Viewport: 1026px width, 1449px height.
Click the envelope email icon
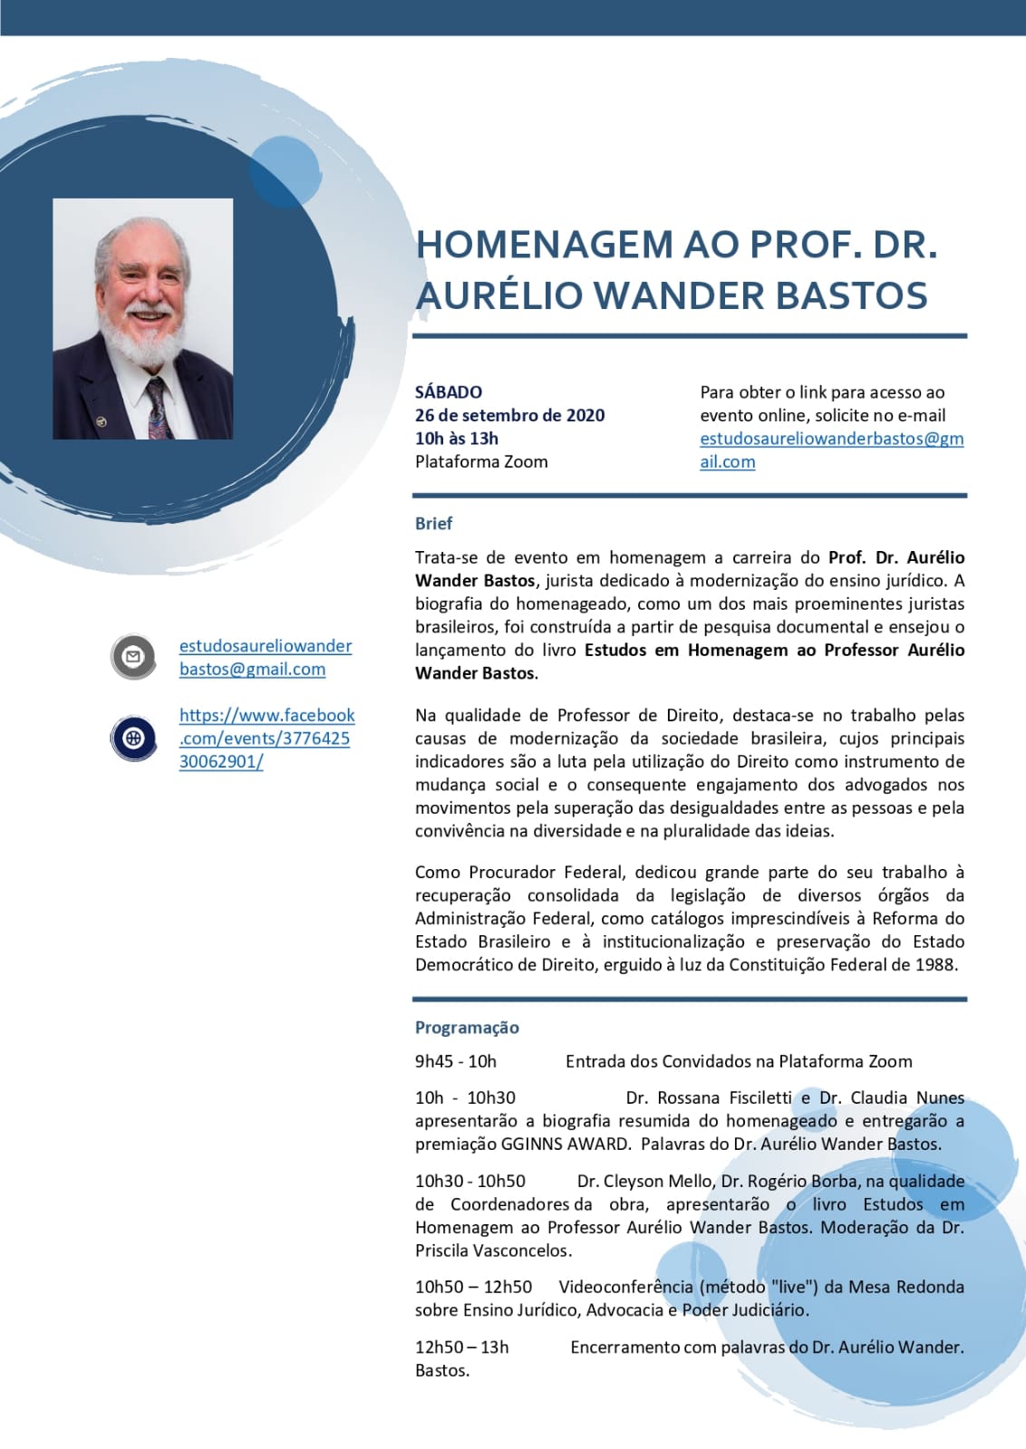tap(133, 656)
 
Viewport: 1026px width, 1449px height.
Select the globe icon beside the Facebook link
tap(133, 738)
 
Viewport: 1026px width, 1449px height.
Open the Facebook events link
tap(266, 738)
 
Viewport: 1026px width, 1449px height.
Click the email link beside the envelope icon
tap(265, 657)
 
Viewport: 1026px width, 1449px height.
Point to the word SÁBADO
tap(449, 392)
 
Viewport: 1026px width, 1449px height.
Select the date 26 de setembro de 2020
tap(509, 415)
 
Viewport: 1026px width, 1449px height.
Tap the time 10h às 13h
tap(457, 439)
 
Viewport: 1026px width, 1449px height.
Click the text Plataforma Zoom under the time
tap(481, 461)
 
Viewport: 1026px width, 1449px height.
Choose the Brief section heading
tap(433, 524)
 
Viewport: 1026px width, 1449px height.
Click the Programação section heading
tap(467, 1028)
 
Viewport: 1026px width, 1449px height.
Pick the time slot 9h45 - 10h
tap(456, 1061)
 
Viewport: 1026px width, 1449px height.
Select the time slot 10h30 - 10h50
tap(470, 1181)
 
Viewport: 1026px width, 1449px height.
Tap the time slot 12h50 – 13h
tap(462, 1348)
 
